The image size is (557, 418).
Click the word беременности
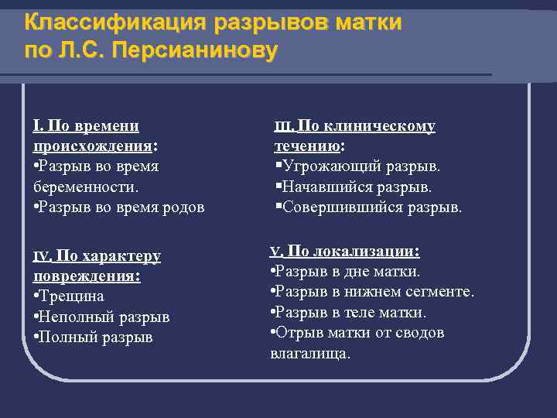click(x=86, y=187)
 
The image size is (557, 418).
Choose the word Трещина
click(x=72, y=296)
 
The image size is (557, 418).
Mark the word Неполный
click(x=75, y=317)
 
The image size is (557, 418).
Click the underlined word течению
click(x=308, y=146)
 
